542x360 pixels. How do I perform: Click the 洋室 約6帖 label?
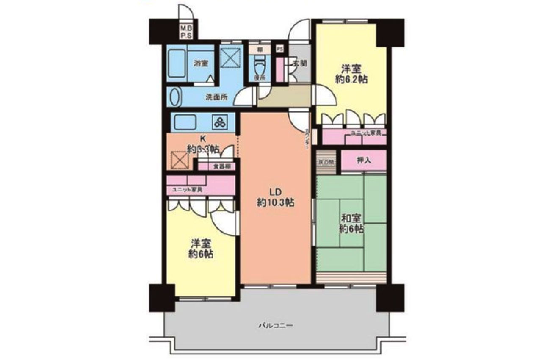click(201, 249)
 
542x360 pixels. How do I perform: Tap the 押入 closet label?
click(364, 161)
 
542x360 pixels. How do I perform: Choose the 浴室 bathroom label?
click(201, 64)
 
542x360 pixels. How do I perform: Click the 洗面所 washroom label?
click(216, 97)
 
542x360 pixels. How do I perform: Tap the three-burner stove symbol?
click(220, 122)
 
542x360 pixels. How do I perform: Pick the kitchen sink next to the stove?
click(185, 122)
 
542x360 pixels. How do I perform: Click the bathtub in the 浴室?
click(177, 64)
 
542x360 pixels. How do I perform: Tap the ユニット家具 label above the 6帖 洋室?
click(187, 189)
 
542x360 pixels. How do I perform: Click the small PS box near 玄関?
click(279, 50)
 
